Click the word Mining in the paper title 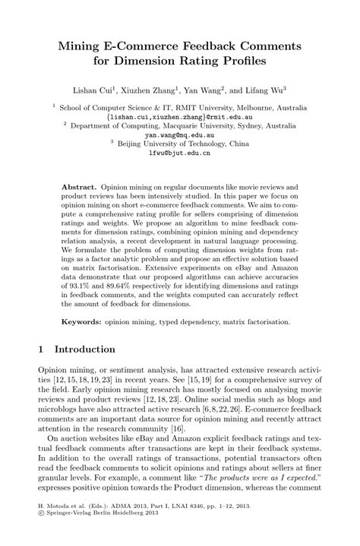point(83,46)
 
